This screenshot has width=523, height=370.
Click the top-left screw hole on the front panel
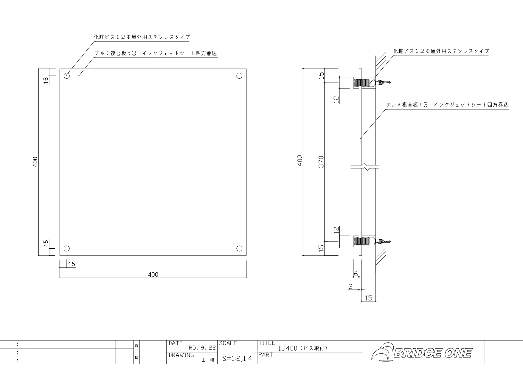pos(67,76)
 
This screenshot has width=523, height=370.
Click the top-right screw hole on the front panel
pos(239,76)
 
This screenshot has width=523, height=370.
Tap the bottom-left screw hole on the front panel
pos(67,248)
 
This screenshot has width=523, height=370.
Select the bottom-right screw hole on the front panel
pos(239,248)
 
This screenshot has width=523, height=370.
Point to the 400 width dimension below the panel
pos(153,275)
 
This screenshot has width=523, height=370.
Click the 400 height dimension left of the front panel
pos(35,162)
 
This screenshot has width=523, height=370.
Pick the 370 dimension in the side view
pos(321,162)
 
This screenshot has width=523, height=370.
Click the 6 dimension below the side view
pos(356,273)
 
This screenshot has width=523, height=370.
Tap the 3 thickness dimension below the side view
pos(350,287)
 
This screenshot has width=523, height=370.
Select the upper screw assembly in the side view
pos(371,83)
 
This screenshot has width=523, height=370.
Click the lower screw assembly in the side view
pos(371,241)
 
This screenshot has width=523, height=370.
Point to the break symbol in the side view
pos(365,167)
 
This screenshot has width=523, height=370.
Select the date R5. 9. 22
pos(202,348)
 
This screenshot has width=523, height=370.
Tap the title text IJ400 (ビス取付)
pos(303,348)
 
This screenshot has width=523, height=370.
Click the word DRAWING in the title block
pos(181,355)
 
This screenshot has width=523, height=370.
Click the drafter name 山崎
pos(208,360)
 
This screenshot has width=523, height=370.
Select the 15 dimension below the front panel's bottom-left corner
pos(72,264)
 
